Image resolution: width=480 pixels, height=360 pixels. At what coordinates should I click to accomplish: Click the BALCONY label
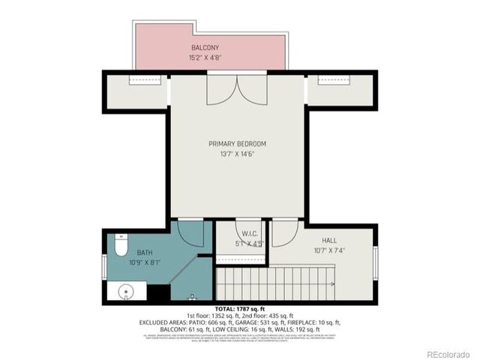(205, 46)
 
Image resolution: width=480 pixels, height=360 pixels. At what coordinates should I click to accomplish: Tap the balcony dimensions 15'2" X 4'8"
(205, 56)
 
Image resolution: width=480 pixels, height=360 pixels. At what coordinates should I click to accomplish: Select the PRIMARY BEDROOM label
(237, 143)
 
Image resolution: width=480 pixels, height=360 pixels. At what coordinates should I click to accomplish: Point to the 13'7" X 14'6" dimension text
(237, 154)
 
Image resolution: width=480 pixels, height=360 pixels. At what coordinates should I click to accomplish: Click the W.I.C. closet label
(240, 232)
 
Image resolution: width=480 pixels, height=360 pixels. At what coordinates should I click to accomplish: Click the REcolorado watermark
(447, 354)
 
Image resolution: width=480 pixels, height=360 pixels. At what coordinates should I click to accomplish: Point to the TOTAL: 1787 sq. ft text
(239, 309)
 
